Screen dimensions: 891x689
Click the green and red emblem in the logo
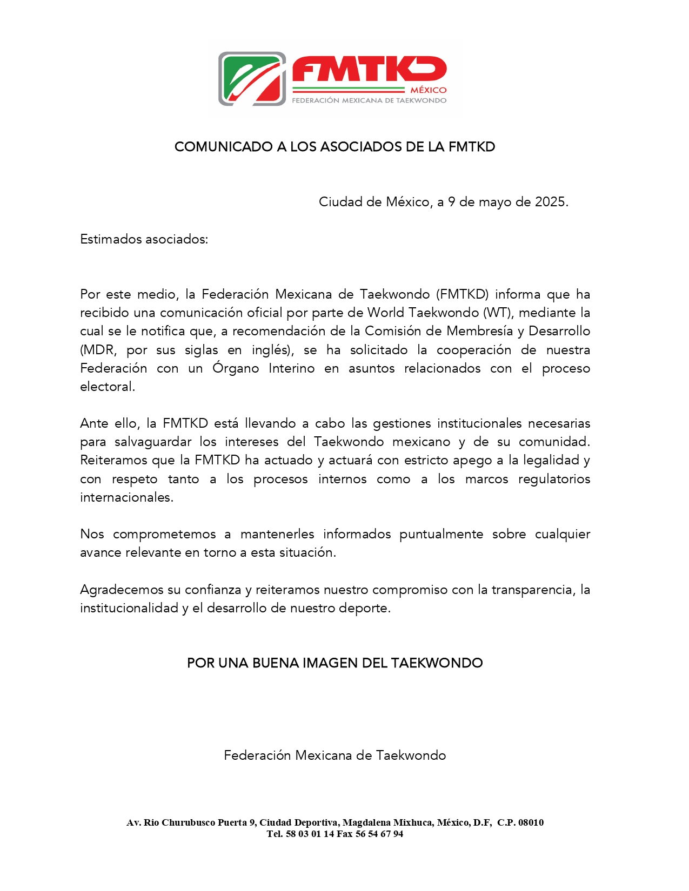(252, 79)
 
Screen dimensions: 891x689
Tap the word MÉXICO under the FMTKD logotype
(429, 90)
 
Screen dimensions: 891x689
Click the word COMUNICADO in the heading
(223, 147)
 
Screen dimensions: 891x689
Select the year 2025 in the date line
(550, 202)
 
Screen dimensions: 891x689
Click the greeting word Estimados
(111, 239)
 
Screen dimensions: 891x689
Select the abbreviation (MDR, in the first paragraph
(98, 350)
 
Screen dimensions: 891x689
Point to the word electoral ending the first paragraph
(106, 387)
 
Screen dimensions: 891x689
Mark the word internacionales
(126, 497)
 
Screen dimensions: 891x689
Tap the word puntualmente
(441, 534)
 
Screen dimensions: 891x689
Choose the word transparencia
(531, 590)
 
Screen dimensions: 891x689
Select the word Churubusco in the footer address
(188, 822)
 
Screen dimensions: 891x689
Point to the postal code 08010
(531, 822)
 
